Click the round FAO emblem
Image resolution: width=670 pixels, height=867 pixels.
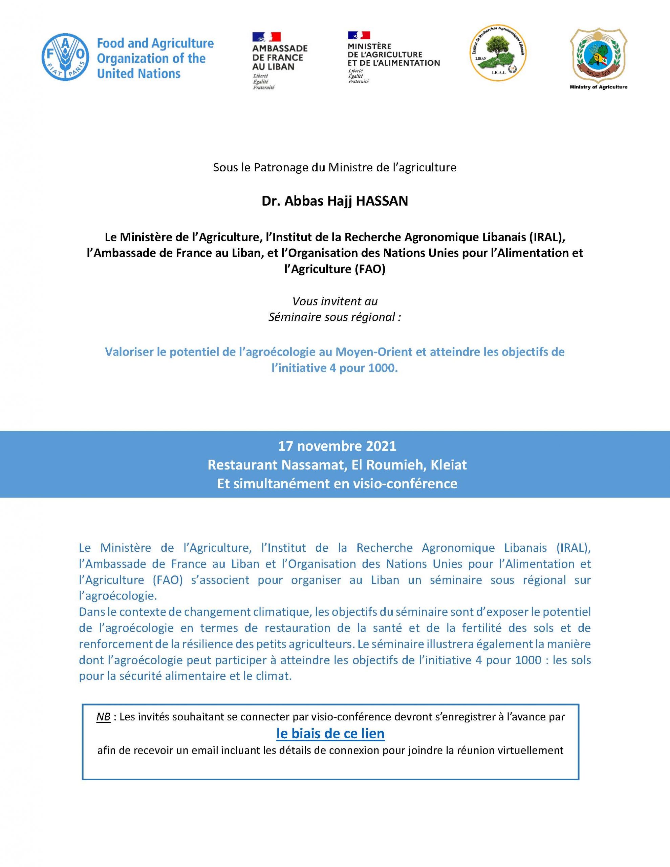[x=65, y=58]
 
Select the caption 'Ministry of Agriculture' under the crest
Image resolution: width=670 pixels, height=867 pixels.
[x=598, y=87]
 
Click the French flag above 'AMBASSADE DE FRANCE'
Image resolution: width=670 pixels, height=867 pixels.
[x=266, y=37]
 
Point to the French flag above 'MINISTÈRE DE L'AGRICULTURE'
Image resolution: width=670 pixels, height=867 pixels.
[x=359, y=36]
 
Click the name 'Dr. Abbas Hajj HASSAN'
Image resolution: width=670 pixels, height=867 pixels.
[x=334, y=201]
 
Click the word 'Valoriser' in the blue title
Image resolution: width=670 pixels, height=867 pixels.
[x=129, y=352]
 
